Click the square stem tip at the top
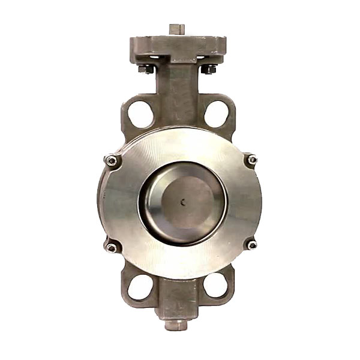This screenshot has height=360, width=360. tap(176, 29)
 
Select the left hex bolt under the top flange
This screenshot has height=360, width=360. tap(146, 70)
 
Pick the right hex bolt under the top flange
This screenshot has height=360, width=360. tap(208, 70)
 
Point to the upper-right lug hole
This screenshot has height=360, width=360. tap(215, 114)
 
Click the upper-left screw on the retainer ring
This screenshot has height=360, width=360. tap(110, 160)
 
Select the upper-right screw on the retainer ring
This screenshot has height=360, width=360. tap(252, 160)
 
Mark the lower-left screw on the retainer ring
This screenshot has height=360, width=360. tap(111, 247)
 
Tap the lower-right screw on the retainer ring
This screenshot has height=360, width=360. tap(251, 245)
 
